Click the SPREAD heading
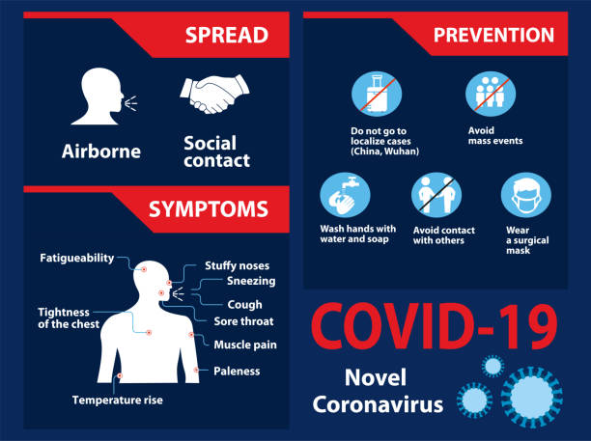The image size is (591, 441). pyautogui.click(x=226, y=35)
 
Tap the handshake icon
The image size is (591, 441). pyautogui.click(x=213, y=94)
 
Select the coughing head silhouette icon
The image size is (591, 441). pyautogui.click(x=102, y=96)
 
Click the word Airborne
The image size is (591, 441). pyautogui.click(x=101, y=151)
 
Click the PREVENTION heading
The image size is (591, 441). pyautogui.click(x=493, y=36)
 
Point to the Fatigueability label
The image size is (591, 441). pyautogui.click(x=76, y=258)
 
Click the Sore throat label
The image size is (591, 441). pyautogui.click(x=244, y=321)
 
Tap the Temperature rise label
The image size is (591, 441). pyautogui.click(x=117, y=399)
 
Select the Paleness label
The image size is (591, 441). pyautogui.click(x=237, y=370)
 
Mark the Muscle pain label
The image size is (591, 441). pyautogui.click(x=245, y=345)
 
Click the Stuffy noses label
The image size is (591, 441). pyautogui.click(x=237, y=265)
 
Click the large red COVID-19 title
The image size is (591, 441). pyautogui.click(x=435, y=327)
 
